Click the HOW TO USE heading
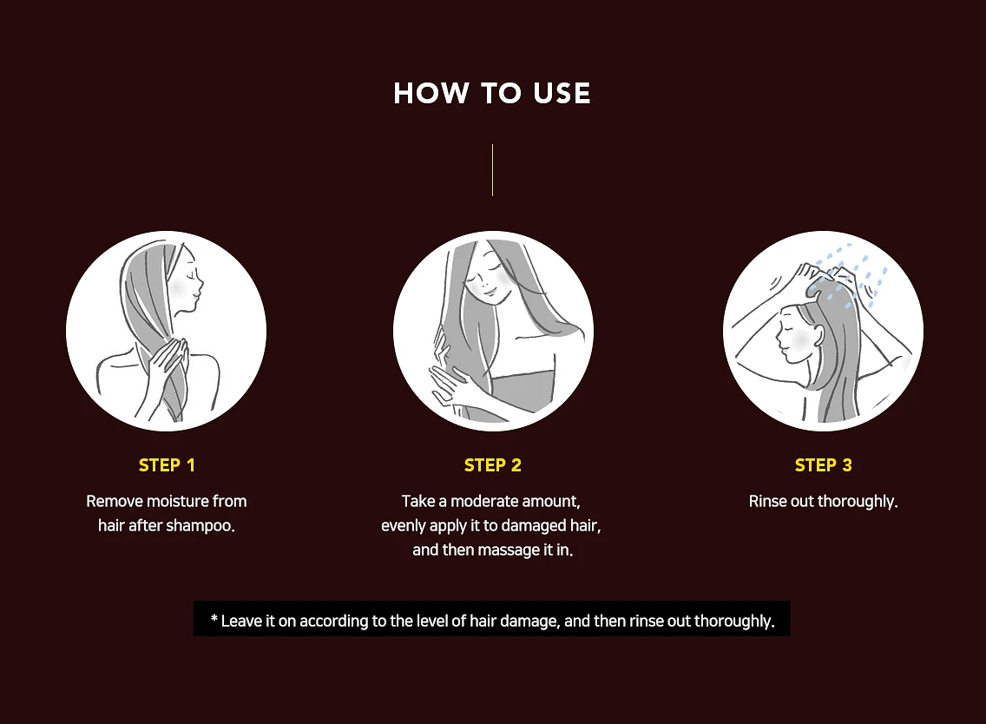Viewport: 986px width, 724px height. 492,93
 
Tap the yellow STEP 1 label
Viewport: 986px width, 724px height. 167,464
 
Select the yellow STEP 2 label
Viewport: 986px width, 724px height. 492,464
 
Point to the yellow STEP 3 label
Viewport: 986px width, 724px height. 823,464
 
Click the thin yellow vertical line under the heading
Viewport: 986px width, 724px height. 492,170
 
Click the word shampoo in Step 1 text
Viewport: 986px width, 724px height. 200,525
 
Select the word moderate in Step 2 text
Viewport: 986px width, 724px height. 483,501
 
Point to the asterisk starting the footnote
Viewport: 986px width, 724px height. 214,620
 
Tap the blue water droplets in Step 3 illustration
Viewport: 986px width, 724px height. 849,275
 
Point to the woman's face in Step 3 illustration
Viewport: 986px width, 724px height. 793,333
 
